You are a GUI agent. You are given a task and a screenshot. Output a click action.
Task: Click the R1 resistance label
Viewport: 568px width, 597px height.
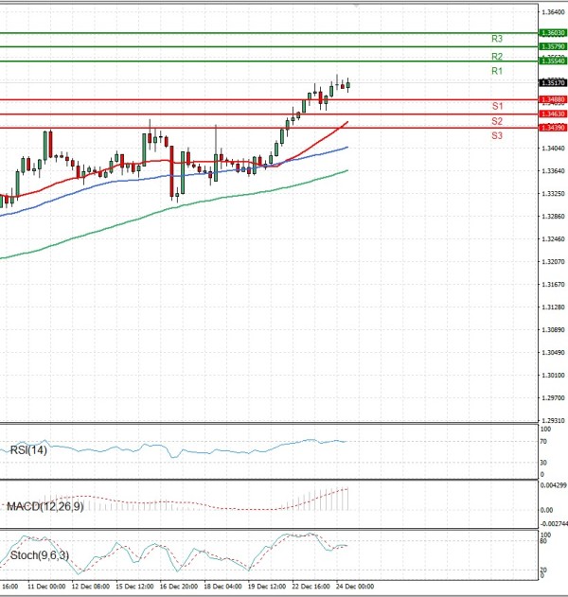(497, 72)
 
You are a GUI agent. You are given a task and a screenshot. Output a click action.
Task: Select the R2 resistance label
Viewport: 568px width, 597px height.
(497, 57)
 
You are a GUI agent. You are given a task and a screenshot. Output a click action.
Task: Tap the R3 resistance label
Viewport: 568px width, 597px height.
(497, 39)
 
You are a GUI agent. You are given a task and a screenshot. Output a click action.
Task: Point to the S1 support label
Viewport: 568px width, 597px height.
(497, 106)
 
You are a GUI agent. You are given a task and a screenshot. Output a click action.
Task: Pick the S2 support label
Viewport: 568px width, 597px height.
(497, 121)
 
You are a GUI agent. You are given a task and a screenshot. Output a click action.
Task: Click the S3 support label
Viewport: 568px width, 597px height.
(497, 136)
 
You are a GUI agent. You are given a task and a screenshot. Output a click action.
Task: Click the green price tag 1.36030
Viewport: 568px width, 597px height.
(552, 32)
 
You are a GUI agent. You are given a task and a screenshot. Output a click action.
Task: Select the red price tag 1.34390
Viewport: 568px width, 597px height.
(552, 128)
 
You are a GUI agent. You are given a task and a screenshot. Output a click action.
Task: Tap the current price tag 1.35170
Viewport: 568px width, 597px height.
(552, 83)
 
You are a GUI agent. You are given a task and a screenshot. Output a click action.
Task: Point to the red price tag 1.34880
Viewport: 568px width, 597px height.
(552, 98)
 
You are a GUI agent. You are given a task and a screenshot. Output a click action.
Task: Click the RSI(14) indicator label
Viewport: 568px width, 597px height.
(28, 450)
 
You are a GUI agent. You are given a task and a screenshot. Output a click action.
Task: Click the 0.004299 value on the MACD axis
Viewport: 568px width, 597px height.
(553, 485)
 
